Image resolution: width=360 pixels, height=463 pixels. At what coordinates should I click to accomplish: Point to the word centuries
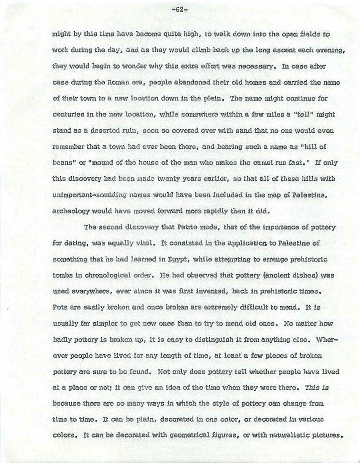click(x=68, y=114)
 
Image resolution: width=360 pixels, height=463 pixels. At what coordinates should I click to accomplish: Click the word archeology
click(x=70, y=211)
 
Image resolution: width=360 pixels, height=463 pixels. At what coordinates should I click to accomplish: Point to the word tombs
click(x=63, y=276)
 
